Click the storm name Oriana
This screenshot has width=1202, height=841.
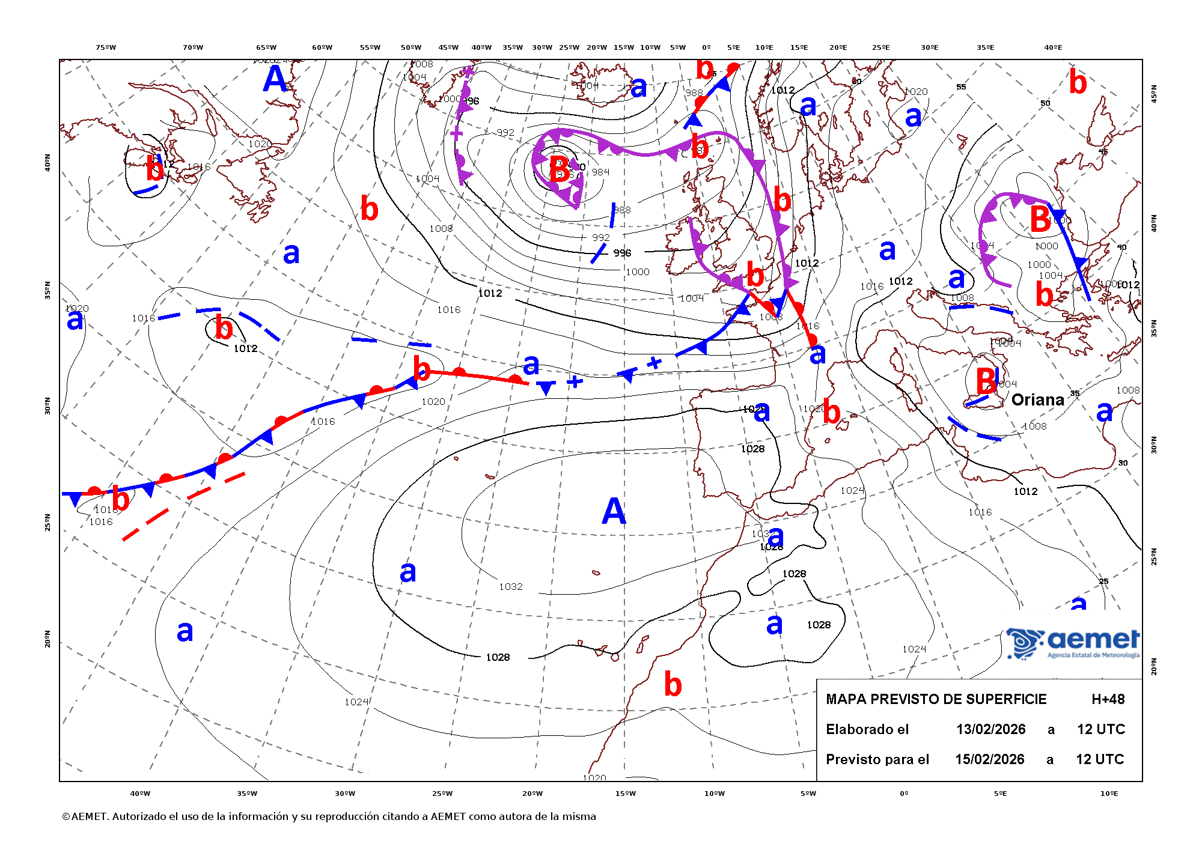pyautogui.click(x=1037, y=400)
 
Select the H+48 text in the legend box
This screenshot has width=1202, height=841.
pyautogui.click(x=1108, y=699)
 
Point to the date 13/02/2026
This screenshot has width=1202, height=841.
pyautogui.click(x=990, y=729)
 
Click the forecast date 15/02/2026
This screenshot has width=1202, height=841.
pyautogui.click(x=990, y=759)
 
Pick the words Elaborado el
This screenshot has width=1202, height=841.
pyautogui.click(x=867, y=729)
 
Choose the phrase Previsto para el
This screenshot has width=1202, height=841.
pyautogui.click(x=877, y=759)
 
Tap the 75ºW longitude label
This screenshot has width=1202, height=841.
pyautogui.click(x=106, y=47)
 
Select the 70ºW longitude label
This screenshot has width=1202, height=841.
pyautogui.click(x=193, y=47)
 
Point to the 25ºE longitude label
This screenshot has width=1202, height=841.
pyautogui.click(x=880, y=47)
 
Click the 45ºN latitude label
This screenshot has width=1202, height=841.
pyautogui.click(x=1153, y=93)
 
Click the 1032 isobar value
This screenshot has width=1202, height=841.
pyautogui.click(x=511, y=586)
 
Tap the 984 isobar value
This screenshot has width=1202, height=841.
pyautogui.click(x=600, y=172)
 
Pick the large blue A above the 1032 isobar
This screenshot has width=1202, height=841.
pyautogui.click(x=614, y=511)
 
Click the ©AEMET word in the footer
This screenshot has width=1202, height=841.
pyautogui.click(x=84, y=816)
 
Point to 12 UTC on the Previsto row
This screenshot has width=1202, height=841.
pyautogui.click(x=1099, y=759)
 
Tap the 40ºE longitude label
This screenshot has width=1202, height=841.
pyautogui.click(x=1053, y=47)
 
